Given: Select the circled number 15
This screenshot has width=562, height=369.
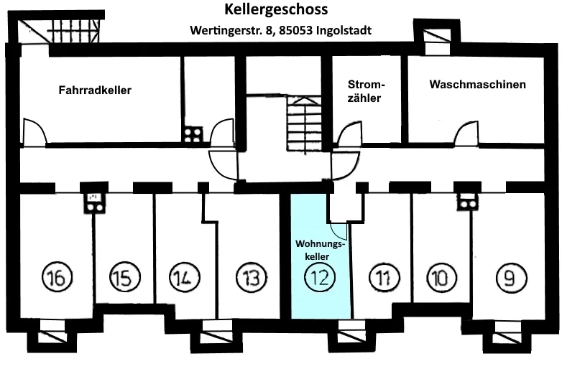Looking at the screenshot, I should point(124,277).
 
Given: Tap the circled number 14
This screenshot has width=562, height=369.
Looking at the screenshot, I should point(185,277).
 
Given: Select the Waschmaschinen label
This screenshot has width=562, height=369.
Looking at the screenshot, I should point(477,84).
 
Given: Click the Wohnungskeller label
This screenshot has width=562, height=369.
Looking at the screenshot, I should point(321,249).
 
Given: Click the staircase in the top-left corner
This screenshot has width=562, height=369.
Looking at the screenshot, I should point(72,32).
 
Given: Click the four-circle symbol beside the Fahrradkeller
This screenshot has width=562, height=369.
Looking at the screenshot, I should point(193,134).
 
